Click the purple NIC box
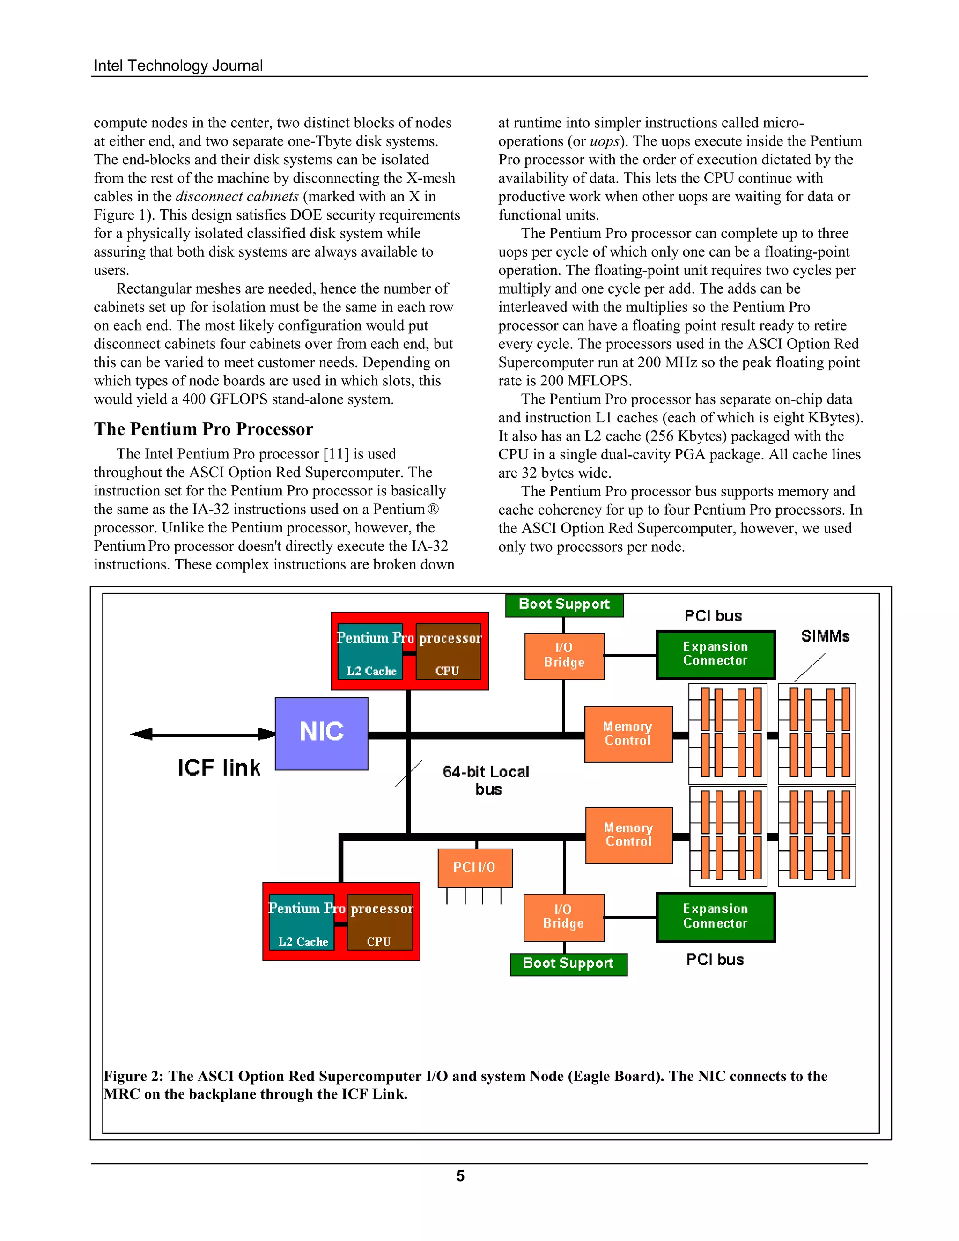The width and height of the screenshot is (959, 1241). coord(321,733)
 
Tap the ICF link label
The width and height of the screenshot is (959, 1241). coord(219,768)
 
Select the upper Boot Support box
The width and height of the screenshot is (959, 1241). coord(564,605)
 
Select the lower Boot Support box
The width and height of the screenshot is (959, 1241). coord(568,964)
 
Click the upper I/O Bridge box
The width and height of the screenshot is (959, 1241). coord(564,656)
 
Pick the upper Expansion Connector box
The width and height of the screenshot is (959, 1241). coord(716,655)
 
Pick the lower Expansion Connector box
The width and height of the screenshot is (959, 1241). coord(716,916)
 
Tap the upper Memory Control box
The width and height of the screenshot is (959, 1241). coord(628,733)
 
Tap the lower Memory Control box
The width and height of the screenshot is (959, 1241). coord(628,835)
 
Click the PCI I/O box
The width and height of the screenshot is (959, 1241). coord(474,868)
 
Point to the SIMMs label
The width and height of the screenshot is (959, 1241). coord(825,636)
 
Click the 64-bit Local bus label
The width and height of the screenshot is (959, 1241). coord(487,780)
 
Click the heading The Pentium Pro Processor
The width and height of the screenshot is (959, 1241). coord(203,429)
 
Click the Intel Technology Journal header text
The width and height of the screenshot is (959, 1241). coord(178,66)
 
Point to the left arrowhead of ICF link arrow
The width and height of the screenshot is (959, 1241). coord(140,734)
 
